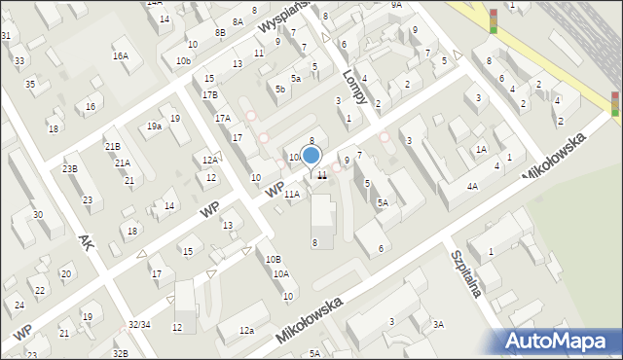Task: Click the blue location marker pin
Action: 311,156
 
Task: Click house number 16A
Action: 120,55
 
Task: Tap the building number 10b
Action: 183,60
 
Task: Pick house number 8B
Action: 220,32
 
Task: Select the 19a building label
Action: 154,126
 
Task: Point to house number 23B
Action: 69,168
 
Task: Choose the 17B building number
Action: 210,95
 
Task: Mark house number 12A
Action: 209,160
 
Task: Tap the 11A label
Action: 292,194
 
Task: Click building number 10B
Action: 274,259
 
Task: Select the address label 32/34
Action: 139,324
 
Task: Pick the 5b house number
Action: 280,90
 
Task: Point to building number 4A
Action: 472,186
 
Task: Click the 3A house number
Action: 438,325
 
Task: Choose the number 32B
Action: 119,353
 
